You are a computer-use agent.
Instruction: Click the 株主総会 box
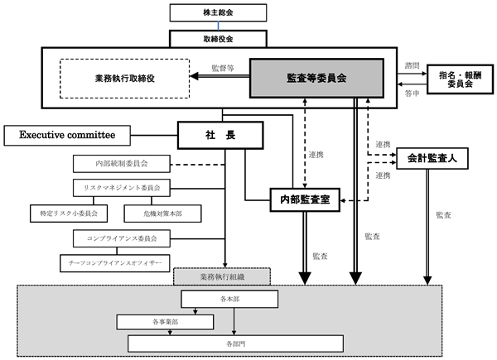coord(218,12)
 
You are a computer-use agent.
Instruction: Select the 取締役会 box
coord(218,39)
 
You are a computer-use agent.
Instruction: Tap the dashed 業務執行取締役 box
coord(124,79)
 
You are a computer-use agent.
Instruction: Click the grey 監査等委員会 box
coord(316,78)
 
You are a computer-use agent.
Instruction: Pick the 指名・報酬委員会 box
coord(461,79)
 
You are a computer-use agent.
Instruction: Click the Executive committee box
coord(67,136)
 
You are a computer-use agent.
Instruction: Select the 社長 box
coord(220,135)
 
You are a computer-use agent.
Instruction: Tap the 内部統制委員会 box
coord(122,164)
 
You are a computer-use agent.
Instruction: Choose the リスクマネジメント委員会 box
coord(122,188)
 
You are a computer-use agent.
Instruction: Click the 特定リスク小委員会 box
coord(69,214)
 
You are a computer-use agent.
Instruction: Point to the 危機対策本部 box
coord(162,214)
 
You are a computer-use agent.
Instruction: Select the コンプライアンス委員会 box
coord(122,238)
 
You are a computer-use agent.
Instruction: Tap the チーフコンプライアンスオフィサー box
coord(115,263)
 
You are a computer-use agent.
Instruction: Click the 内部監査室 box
coord(305,199)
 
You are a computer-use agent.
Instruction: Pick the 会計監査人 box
coord(432,158)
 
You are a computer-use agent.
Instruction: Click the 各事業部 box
coord(165,322)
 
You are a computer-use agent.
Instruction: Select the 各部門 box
coord(235,343)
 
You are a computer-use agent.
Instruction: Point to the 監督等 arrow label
coord(223,68)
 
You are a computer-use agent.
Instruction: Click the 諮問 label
coord(412,65)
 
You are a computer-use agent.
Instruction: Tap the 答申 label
coord(412,93)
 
